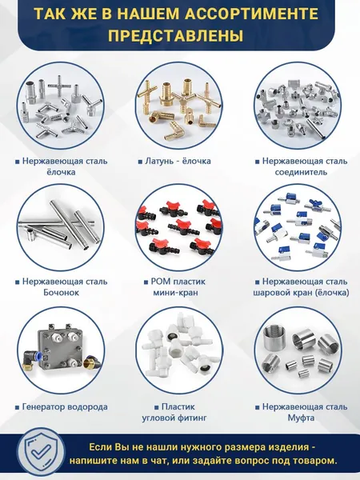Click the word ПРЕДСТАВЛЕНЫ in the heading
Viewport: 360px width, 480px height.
click(176, 36)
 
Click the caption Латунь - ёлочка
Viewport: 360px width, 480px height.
click(178, 161)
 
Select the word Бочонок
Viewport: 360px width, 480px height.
click(62, 292)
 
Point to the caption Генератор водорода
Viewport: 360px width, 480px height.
click(65, 407)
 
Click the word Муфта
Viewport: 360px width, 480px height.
click(301, 418)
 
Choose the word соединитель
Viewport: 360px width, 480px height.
click(301, 172)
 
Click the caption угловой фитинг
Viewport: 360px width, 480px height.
click(174, 418)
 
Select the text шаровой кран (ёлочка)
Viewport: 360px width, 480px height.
click(301, 292)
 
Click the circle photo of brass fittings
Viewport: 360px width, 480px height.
click(179, 106)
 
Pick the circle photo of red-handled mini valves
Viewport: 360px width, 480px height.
click(179, 227)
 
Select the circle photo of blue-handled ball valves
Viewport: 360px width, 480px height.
click(298, 227)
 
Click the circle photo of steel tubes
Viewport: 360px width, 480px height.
click(61, 227)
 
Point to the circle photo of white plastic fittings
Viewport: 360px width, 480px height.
click(179, 350)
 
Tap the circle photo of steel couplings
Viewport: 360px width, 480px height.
click(298, 350)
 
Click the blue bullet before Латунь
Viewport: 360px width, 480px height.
click(140, 162)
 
